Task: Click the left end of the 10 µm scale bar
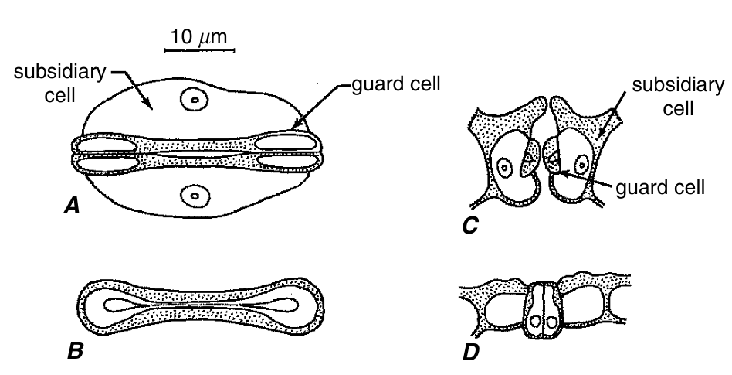pos(165,49)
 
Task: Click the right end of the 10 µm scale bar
pos(234,49)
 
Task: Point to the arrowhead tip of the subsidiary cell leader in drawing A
pos(151,106)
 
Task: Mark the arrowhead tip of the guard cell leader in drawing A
pos(290,130)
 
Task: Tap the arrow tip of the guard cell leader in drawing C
pos(561,173)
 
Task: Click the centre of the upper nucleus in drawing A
pos(195,99)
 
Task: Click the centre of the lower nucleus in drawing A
pos(195,195)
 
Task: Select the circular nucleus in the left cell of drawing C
pos(504,166)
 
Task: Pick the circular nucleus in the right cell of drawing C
pos(581,165)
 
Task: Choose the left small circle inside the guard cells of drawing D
pos(537,322)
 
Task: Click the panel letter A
pos(72,205)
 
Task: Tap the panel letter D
pos(470,353)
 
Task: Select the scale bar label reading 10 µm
pos(199,36)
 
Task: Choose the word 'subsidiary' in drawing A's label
pos(60,73)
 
